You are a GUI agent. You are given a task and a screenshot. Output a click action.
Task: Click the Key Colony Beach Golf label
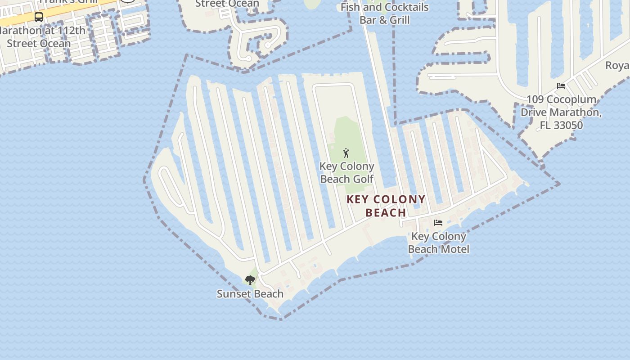click(346, 172)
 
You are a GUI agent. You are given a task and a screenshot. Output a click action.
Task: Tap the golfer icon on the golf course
click(346, 153)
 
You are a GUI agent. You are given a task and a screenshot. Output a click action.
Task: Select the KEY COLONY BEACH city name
click(386, 206)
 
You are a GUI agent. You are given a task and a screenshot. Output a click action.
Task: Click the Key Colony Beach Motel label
click(438, 243)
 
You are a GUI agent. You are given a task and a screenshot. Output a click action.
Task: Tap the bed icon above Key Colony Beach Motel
click(438, 223)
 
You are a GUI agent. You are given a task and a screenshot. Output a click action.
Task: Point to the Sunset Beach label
click(250, 294)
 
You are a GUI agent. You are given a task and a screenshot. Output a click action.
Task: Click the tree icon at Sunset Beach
click(250, 280)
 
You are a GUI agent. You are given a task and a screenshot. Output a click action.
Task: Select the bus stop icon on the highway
click(39, 17)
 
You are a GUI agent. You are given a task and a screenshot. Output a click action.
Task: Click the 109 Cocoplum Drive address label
click(561, 112)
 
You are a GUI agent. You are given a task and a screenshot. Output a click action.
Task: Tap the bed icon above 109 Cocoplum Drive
click(561, 86)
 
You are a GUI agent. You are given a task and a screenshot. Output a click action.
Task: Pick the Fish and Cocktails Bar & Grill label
click(385, 13)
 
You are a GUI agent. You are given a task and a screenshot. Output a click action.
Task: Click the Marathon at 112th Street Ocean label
click(40, 37)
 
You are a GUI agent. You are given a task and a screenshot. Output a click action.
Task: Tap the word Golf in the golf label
click(363, 179)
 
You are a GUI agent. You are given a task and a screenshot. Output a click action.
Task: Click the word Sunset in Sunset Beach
click(234, 294)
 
